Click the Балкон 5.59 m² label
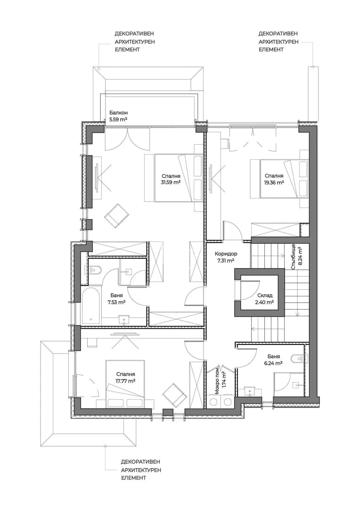(x=118, y=116)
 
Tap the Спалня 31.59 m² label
(x=171, y=179)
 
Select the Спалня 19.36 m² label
(x=274, y=179)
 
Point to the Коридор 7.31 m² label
(x=226, y=257)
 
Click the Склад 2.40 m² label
(x=264, y=299)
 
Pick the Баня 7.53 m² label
(x=116, y=299)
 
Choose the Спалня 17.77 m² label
(x=125, y=378)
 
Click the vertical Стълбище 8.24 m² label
(x=296, y=256)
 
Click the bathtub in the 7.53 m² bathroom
(x=90, y=306)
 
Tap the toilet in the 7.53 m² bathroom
(x=94, y=270)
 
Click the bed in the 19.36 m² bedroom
(x=279, y=179)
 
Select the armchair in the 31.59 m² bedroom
(x=116, y=215)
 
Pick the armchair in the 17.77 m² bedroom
(x=174, y=395)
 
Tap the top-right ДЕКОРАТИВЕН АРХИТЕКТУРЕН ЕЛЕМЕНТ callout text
(x=278, y=41)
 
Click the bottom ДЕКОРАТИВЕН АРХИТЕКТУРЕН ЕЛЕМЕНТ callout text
(x=141, y=470)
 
